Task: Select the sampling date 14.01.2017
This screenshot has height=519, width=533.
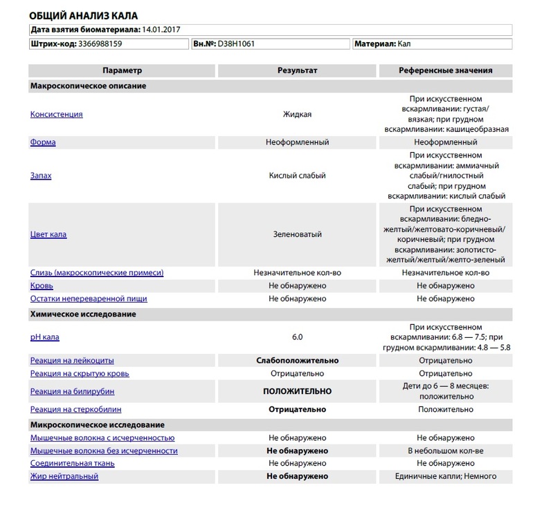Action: click(x=165, y=30)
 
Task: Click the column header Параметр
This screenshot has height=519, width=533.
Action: click(x=122, y=70)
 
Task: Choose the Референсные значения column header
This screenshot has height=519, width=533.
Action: click(x=445, y=70)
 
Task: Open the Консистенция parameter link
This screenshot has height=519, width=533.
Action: click(x=56, y=114)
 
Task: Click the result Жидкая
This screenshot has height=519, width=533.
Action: click(x=297, y=114)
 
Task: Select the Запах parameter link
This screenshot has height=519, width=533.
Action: click(x=41, y=176)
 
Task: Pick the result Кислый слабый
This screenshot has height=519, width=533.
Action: click(x=297, y=176)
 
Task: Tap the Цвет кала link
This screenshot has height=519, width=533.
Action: click(x=48, y=234)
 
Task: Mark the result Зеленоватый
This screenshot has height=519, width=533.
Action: click(x=297, y=234)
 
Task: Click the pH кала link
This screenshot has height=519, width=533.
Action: click(x=45, y=337)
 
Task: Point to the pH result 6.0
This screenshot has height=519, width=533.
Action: click(x=297, y=337)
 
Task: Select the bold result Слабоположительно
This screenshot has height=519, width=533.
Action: click(x=297, y=360)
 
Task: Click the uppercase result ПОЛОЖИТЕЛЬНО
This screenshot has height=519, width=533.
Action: click(x=297, y=391)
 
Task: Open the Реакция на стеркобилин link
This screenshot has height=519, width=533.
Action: click(x=80, y=409)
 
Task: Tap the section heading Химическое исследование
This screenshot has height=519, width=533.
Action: click(x=82, y=314)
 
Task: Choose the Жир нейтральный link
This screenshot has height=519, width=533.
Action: click(x=64, y=476)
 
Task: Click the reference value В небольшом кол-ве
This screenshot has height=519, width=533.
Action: click(x=445, y=451)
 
